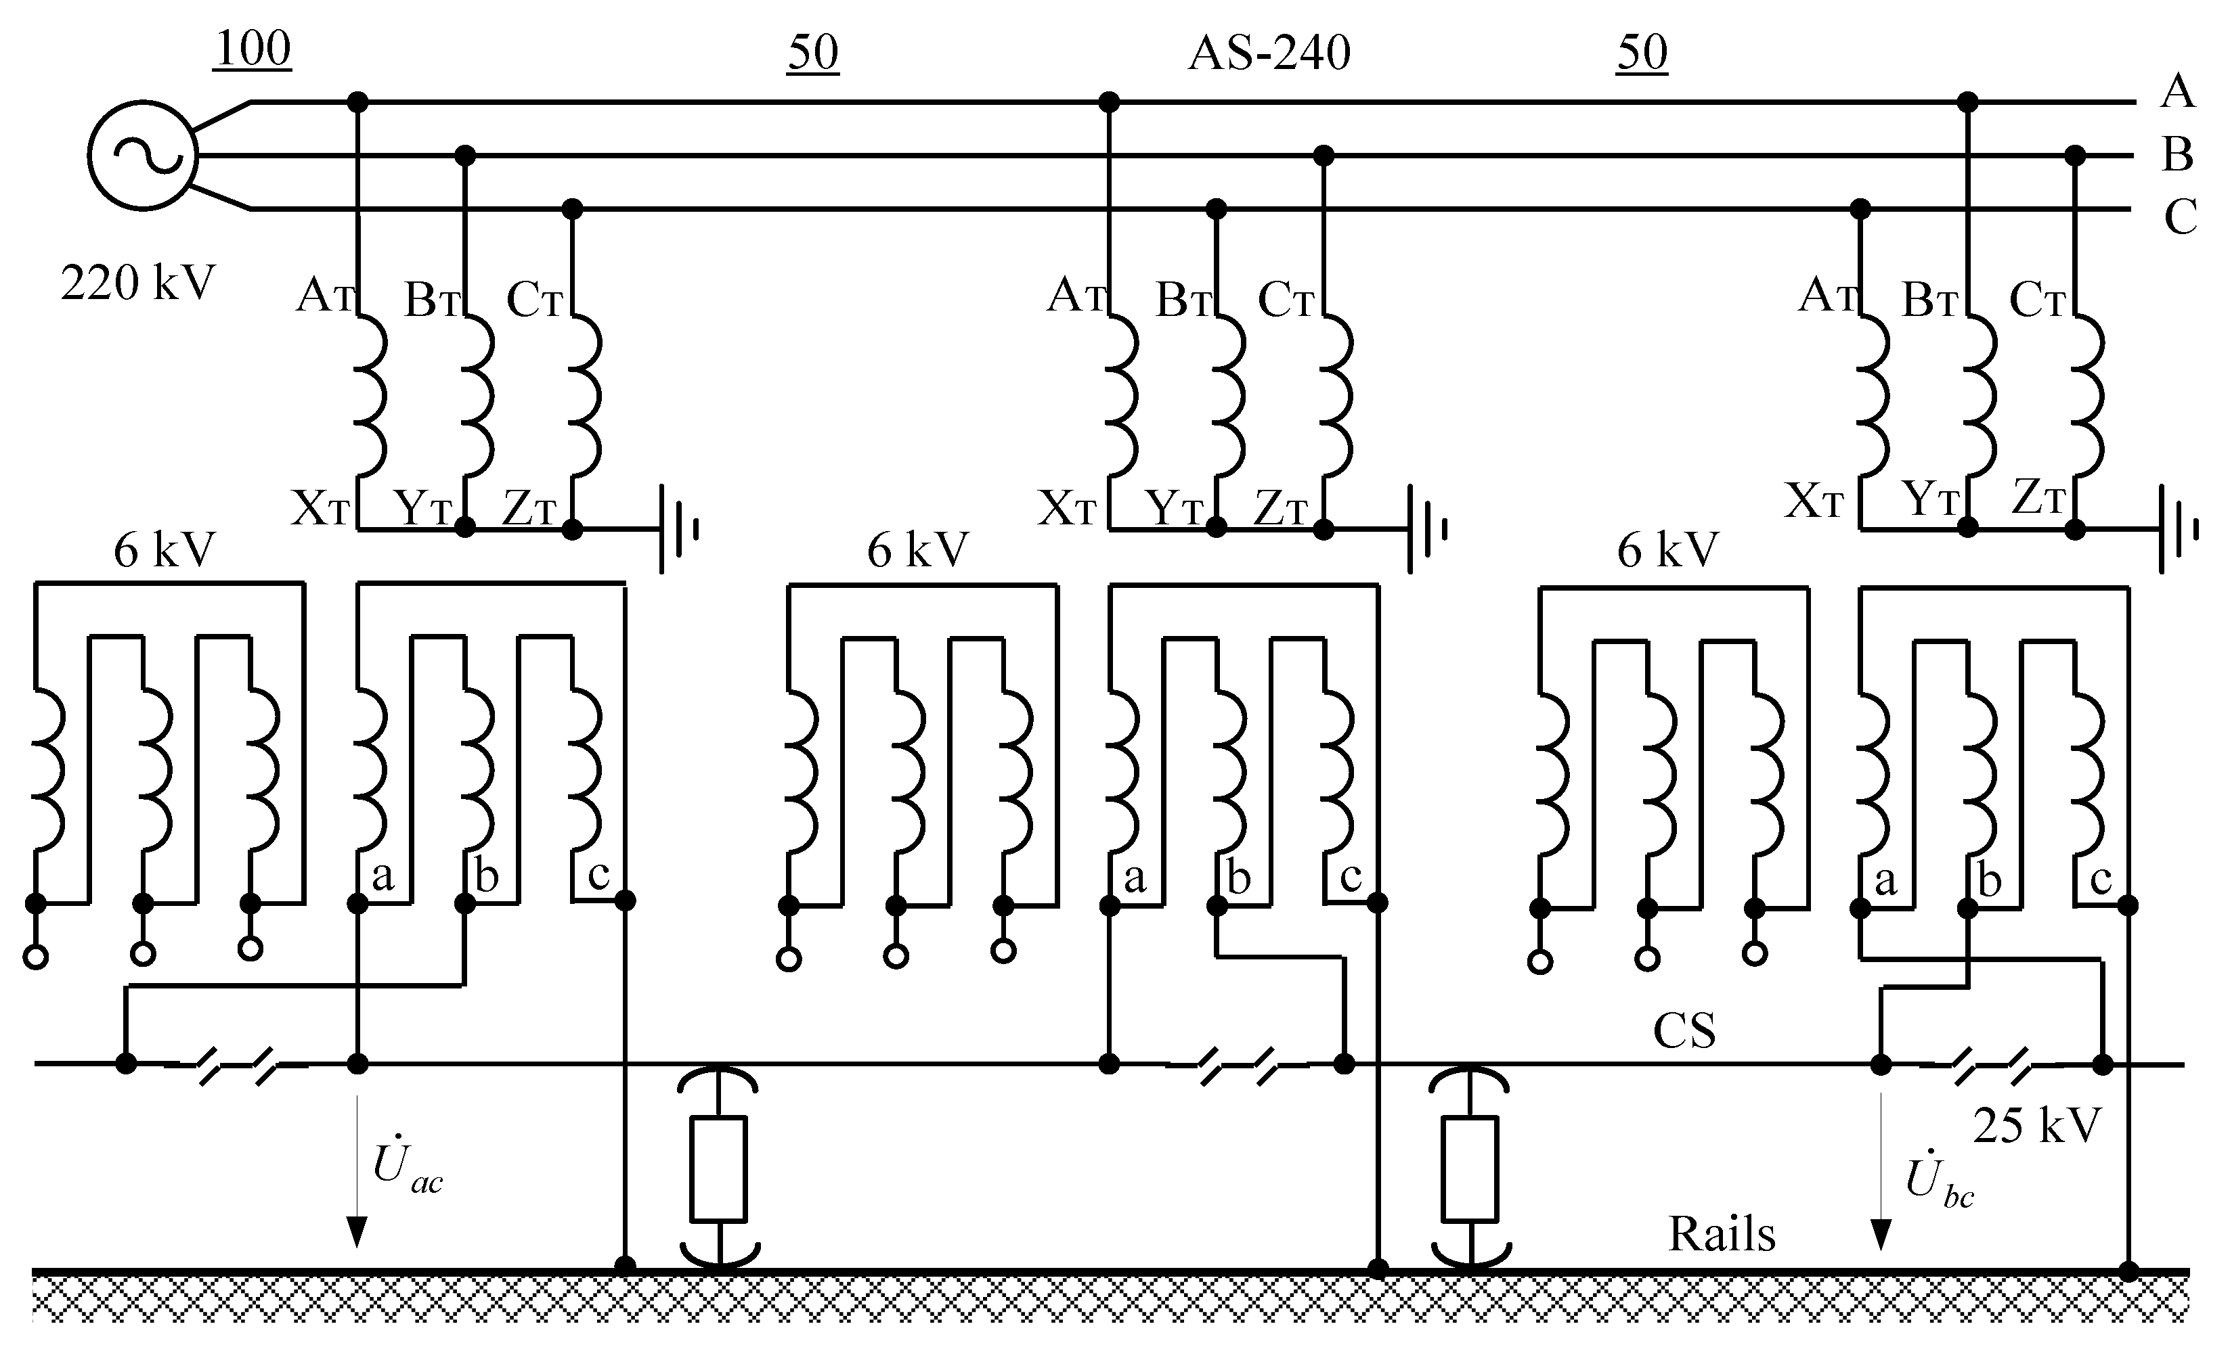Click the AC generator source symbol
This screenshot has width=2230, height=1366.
tap(143, 156)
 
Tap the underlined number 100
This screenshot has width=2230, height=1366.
tap(253, 49)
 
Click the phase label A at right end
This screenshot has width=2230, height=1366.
tap(2177, 91)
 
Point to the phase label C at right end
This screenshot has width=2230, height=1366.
tap(2179, 217)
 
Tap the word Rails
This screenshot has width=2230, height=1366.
tap(1722, 1234)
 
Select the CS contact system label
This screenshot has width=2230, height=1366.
tap(1684, 1030)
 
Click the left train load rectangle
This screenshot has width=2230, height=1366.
tap(718, 1170)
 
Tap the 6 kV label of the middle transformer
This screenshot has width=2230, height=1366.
tap(918, 550)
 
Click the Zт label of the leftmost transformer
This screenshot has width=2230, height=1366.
tap(529, 507)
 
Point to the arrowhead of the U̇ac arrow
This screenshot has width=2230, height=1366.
tap(357, 1233)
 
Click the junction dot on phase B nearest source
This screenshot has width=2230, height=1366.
tap(464, 156)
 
